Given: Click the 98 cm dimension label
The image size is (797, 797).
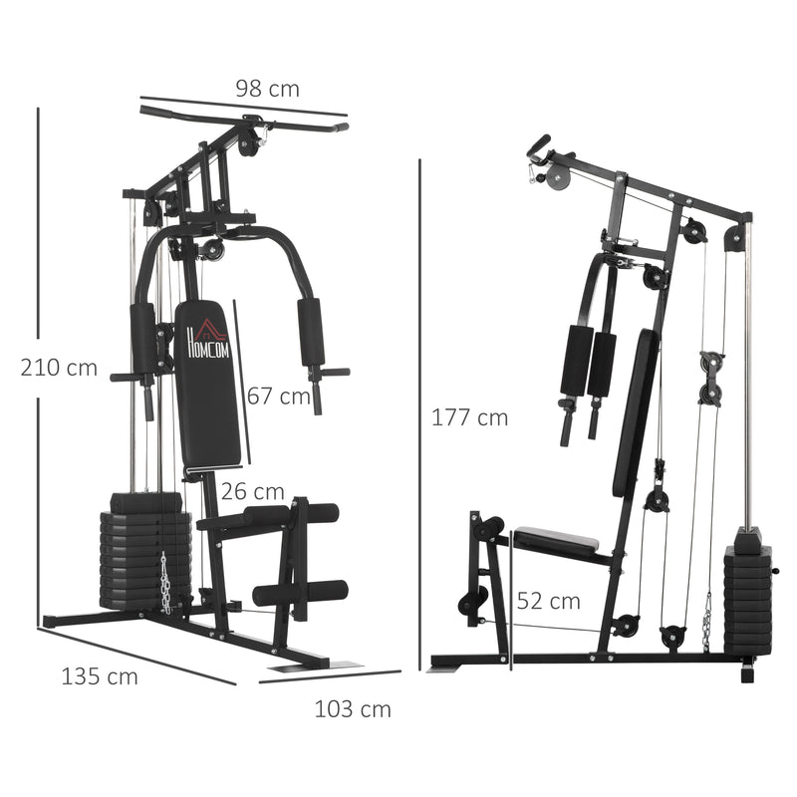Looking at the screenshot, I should (267, 89).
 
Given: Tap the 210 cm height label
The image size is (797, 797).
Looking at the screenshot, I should (59, 368).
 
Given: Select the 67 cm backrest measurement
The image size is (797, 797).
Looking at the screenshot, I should (280, 397).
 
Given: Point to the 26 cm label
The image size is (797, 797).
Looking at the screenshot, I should (253, 491).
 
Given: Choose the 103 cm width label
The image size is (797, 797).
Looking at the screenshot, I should (353, 709).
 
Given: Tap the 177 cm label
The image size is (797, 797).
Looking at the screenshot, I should (469, 417).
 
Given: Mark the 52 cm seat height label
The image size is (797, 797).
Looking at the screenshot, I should (548, 601).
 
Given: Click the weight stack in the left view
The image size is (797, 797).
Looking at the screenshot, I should (143, 553).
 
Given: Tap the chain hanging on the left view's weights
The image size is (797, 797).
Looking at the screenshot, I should (165, 583).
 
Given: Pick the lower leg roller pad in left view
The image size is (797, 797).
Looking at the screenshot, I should (300, 593).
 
